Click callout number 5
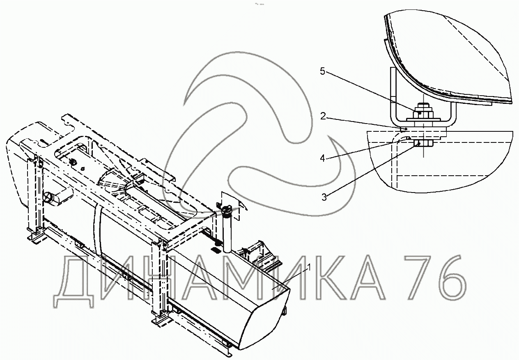coord(322,71)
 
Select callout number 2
coord(323,116)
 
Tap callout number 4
coord(322,158)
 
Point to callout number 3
coord(324,197)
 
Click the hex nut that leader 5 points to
coord(423,113)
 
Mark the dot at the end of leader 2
coord(406,128)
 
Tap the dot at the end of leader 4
coord(409,138)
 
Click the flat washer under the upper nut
coord(423,119)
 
